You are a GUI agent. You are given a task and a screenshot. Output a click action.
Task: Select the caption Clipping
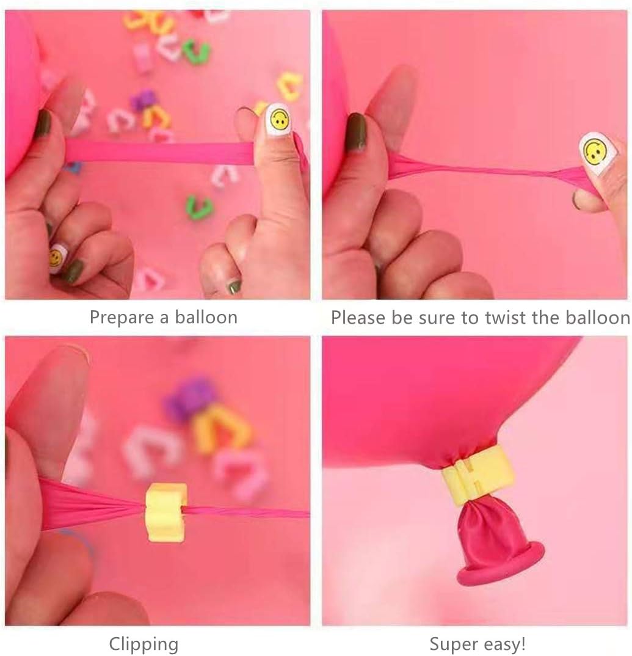tap(144, 644)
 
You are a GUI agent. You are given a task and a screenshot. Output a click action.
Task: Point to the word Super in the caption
tap(451, 644)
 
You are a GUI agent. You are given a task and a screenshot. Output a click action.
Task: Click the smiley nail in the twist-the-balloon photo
tap(595, 150)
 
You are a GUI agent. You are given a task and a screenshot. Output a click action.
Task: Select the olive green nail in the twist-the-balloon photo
tap(356, 132)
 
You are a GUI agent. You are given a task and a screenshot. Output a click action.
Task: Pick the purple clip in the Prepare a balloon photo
tap(144, 100)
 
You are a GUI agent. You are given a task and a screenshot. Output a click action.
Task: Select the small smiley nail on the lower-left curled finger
tap(56, 258)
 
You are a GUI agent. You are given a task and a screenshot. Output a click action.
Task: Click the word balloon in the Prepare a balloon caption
tap(206, 318)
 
